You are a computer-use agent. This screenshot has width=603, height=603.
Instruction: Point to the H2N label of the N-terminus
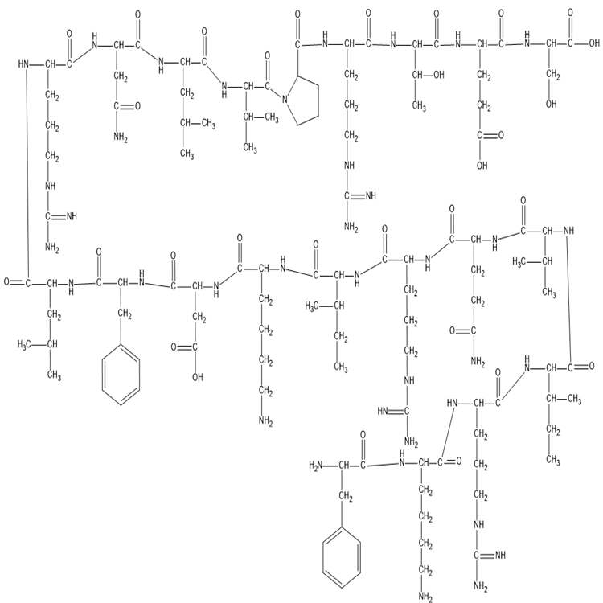coord(316,466)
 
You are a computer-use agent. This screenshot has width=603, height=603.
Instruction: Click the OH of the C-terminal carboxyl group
coord(594,43)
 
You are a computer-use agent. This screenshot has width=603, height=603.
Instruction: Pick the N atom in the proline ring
coord(285,100)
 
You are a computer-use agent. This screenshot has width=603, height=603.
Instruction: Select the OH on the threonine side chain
coord(439,75)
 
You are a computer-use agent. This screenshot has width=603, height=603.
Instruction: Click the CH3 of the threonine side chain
coord(419,105)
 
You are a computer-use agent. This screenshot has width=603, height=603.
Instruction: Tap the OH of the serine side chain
coord(551,104)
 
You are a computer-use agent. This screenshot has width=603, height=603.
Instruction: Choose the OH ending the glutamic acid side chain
coord(482,166)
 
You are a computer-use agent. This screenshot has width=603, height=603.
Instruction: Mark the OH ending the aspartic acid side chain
coord(198,377)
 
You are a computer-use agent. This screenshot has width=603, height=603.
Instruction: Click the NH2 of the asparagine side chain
coord(121,137)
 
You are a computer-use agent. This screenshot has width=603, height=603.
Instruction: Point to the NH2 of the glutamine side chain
coord(478,362)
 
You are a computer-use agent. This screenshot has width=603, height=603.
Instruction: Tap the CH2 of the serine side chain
coord(552,74)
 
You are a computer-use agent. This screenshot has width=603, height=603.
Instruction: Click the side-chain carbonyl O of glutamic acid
coord(501,135)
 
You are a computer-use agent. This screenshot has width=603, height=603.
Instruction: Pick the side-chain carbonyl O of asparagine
coord(137,106)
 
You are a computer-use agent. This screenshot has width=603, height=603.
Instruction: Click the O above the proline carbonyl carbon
coord(297,14)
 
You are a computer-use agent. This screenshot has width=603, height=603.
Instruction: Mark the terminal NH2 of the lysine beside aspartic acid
coord(266,421)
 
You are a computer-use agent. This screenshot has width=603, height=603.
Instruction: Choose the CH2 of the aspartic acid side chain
coord(199,318)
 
